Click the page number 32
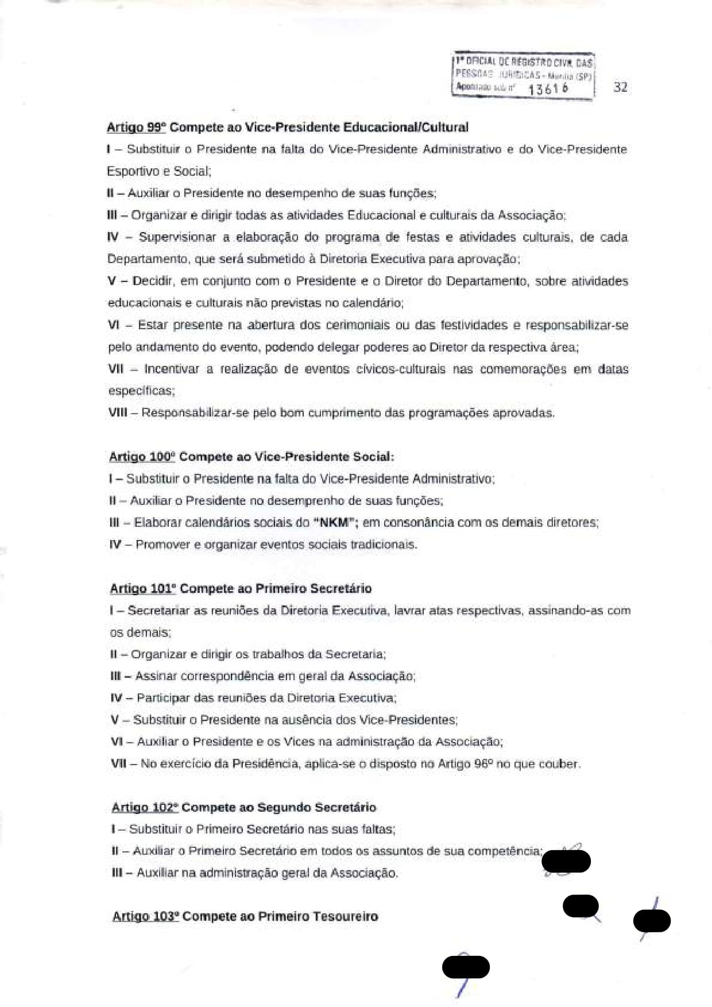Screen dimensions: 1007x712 [620, 87]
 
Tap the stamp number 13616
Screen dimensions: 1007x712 [548, 88]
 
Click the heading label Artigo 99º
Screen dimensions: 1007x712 [136, 128]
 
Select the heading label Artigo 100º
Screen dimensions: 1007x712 [142, 457]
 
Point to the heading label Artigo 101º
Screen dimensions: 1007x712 [142, 589]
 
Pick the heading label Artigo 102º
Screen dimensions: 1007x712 [145, 808]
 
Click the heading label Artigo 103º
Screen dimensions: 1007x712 [146, 917]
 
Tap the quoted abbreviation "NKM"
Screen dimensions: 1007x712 [334, 523]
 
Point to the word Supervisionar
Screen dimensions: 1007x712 [177, 237]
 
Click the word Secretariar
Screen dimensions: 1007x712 [158, 611]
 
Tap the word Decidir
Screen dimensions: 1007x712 [153, 281]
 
